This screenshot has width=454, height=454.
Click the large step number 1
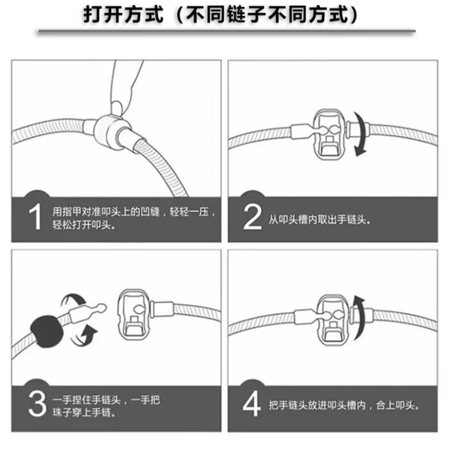35,217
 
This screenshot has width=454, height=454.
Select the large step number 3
37,404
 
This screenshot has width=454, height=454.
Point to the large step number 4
251,403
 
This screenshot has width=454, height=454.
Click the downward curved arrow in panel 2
361,134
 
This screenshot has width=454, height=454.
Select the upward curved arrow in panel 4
360,318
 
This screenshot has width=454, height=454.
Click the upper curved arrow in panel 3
74,299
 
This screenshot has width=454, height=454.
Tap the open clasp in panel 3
134,315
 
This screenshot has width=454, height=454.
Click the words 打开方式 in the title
124,15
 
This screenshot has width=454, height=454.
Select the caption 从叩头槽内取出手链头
319,220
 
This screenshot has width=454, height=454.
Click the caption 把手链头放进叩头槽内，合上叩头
344,405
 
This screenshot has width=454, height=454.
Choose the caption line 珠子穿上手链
84,412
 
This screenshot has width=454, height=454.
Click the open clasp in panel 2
330,134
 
